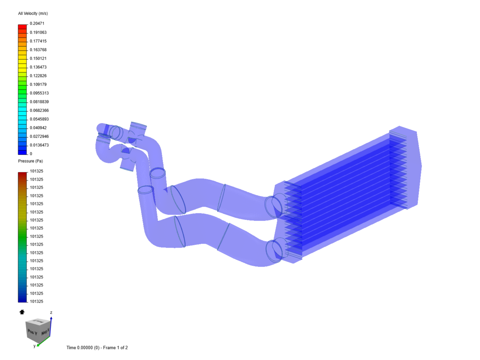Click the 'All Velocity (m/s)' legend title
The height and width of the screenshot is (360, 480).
coord(33,14)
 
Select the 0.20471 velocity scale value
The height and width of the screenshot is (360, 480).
coord(37,23)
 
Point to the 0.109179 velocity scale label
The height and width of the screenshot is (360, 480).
coord(38,84)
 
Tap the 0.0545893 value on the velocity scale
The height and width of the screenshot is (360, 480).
coord(39,119)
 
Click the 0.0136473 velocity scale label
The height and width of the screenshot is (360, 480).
coord(39,145)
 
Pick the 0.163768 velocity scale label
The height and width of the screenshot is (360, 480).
coord(38,50)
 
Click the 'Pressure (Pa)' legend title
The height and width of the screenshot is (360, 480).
coord(30,161)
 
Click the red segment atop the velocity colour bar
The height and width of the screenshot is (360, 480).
coord(22,27)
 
